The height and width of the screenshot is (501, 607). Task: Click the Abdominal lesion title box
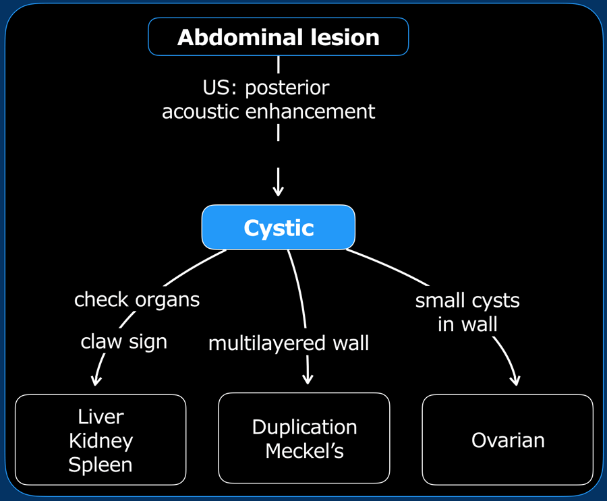pyautogui.click(x=279, y=37)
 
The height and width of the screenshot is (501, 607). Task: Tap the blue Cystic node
pyautogui.click(x=279, y=227)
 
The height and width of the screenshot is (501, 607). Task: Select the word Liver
pyautogui.click(x=100, y=417)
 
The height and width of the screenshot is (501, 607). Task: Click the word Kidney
pyautogui.click(x=100, y=441)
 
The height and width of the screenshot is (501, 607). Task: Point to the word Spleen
pyautogui.click(x=100, y=465)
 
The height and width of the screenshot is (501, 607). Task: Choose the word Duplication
pyautogui.click(x=305, y=428)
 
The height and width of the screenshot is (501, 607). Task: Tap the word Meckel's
pyautogui.click(x=305, y=451)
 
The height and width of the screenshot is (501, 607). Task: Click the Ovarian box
pyautogui.click(x=507, y=440)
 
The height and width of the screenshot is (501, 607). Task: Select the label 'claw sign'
pyautogui.click(x=124, y=343)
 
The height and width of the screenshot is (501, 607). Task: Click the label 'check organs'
pyautogui.click(x=137, y=299)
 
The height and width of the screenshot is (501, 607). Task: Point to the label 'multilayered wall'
pyautogui.click(x=289, y=343)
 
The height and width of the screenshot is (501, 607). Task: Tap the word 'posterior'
pyautogui.click(x=287, y=88)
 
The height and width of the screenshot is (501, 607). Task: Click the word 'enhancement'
pyautogui.click(x=310, y=111)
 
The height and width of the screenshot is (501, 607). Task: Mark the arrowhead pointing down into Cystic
pyautogui.click(x=278, y=191)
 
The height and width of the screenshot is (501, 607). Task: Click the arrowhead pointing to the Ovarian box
pyautogui.click(x=515, y=380)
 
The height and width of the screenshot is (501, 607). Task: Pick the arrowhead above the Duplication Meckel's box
pyautogui.click(x=308, y=379)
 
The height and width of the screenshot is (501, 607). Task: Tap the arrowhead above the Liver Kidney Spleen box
pyautogui.click(x=96, y=380)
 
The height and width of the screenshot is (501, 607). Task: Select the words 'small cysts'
pyautogui.click(x=467, y=301)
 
